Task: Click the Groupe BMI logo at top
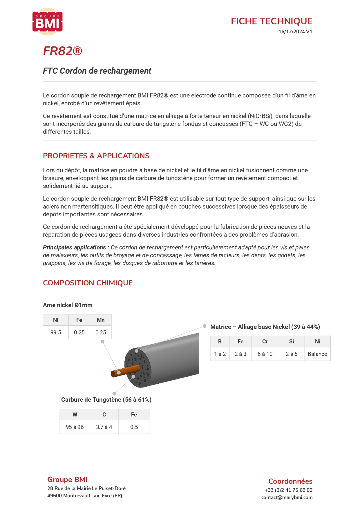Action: [48, 22]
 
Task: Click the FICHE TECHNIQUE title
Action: [272, 21]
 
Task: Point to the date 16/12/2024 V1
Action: [295, 32]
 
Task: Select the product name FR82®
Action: [63, 51]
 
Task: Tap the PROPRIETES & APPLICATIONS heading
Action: [96, 156]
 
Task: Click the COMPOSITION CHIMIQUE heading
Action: [88, 283]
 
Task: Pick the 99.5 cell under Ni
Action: [56, 332]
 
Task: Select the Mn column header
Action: [101, 320]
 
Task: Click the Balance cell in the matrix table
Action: [317, 354]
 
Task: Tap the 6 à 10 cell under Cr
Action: [265, 354]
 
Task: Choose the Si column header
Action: [292, 341]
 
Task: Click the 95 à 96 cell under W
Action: [75, 427]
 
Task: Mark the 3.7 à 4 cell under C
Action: [104, 427]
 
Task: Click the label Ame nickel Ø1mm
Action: [68, 305]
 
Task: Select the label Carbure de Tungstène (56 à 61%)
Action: [106, 400]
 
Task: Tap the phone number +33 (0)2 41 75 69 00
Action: [288, 490]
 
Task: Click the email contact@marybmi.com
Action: [287, 497]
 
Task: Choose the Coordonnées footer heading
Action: [290, 481]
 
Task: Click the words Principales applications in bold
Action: [74, 247]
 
